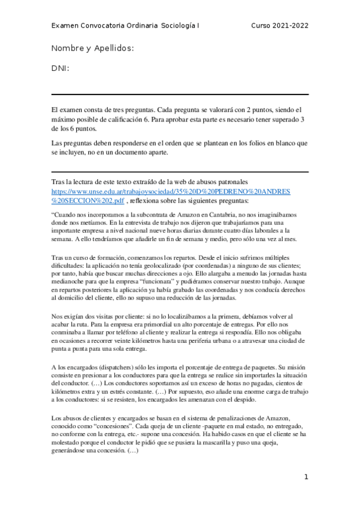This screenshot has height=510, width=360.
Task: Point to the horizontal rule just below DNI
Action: [180, 94]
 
